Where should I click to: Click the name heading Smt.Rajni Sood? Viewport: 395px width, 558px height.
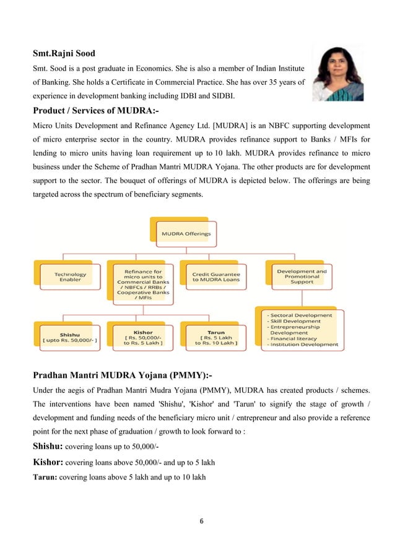64,53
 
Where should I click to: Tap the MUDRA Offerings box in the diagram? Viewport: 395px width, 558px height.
186,234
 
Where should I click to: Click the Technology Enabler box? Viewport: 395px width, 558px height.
70,277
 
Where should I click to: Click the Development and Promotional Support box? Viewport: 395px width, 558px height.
301,276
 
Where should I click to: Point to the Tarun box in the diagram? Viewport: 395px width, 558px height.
215,336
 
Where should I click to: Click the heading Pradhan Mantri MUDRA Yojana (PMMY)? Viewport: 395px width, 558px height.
121,376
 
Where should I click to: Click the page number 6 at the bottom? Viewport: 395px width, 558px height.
197,520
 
